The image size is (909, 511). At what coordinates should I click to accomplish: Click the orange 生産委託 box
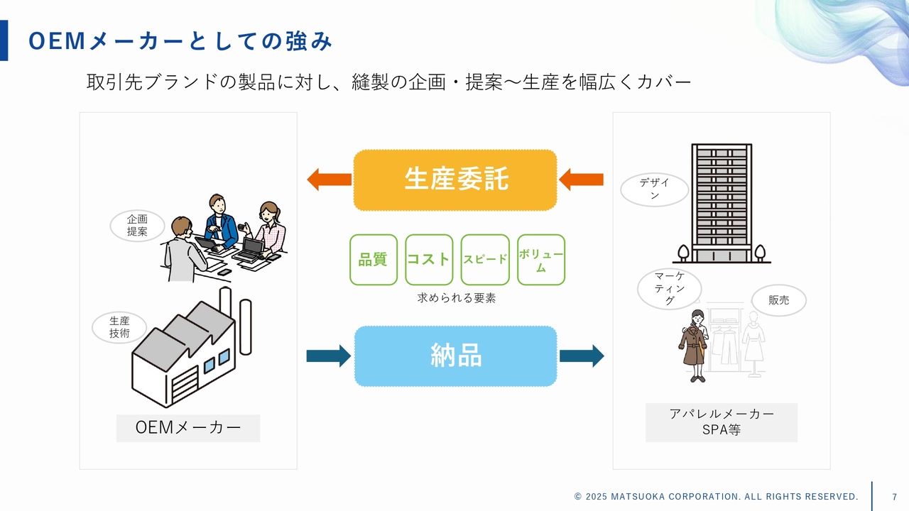[455, 180]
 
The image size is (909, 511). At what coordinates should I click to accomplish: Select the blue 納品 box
[455, 356]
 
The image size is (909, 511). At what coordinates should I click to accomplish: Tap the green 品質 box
[373, 260]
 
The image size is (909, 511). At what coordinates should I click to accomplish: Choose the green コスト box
[428, 260]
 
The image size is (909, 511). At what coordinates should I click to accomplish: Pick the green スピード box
[485, 260]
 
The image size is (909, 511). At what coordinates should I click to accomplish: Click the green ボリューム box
[541, 260]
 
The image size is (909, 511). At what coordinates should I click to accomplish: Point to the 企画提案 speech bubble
[137, 226]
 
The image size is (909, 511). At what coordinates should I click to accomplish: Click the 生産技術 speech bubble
[119, 327]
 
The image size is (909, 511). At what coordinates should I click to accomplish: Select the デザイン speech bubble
[654, 189]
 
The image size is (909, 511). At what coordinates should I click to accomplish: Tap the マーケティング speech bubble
[670, 289]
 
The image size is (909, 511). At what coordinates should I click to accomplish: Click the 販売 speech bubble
[778, 300]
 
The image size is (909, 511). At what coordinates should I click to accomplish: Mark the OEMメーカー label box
[188, 428]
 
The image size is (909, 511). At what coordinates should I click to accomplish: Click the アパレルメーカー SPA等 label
[722, 422]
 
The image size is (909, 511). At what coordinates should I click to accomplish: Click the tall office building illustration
[722, 202]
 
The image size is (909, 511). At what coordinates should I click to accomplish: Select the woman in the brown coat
[692, 346]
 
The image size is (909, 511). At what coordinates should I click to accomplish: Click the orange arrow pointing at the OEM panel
[329, 180]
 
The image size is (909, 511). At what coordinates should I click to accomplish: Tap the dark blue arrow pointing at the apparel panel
[581, 356]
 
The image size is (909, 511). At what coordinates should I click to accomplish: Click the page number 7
[894, 496]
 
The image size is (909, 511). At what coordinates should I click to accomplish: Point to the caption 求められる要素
[456, 298]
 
